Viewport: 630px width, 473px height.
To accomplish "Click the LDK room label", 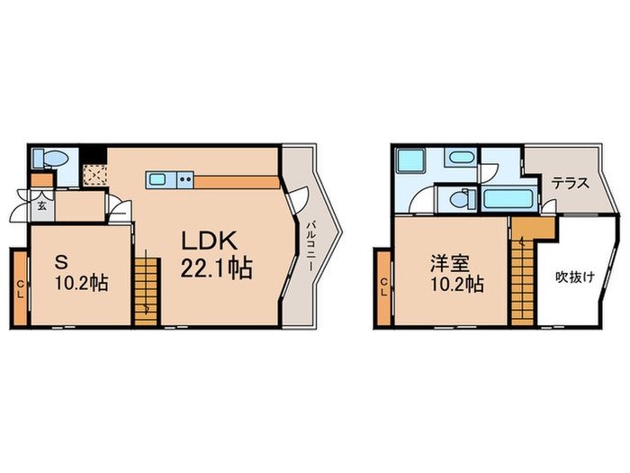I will (210, 241).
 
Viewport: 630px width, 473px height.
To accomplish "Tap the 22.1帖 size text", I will (215, 268).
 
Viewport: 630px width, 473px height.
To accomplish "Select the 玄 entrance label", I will (41, 205).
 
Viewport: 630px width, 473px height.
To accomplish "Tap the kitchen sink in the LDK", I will (157, 179).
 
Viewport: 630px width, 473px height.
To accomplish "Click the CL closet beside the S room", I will (20, 287).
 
